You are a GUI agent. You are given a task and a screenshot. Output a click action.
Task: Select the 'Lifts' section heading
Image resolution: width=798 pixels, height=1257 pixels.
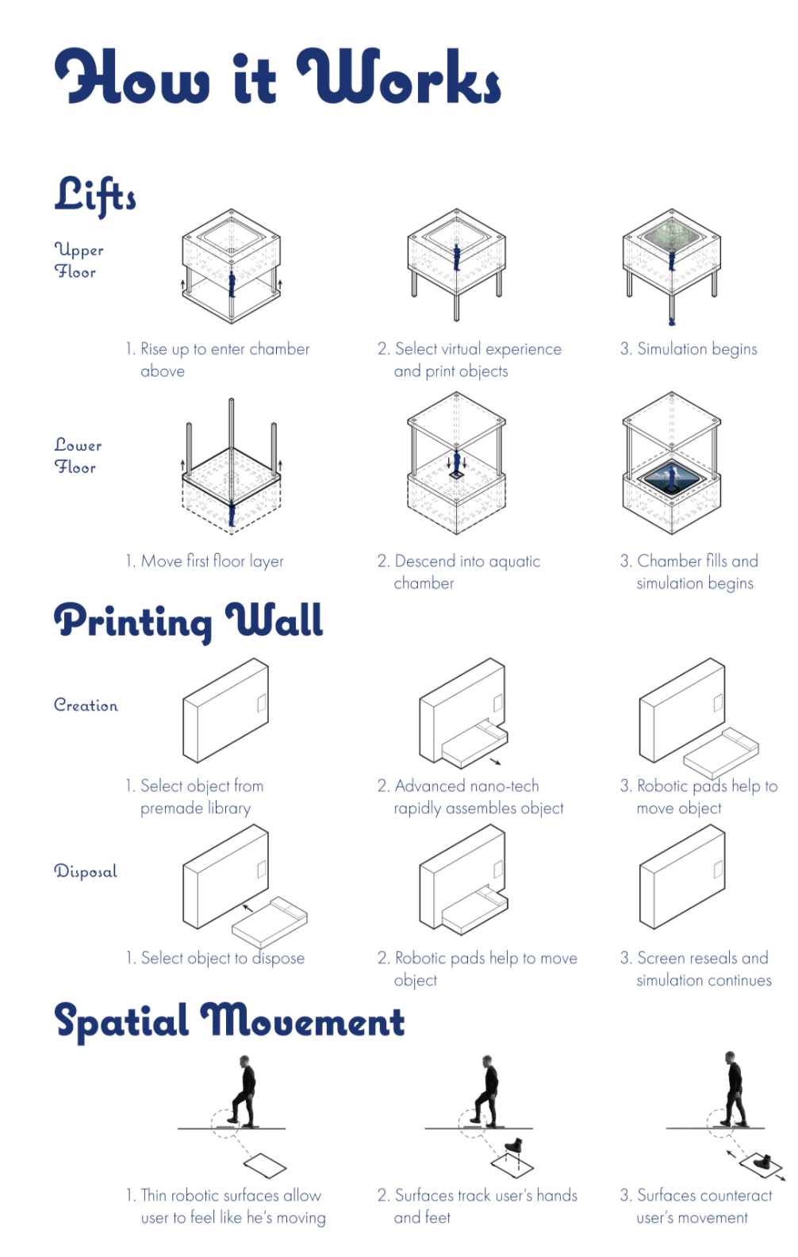tap(94, 195)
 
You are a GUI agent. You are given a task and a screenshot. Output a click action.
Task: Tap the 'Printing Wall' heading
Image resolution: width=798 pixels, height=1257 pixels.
tap(189, 621)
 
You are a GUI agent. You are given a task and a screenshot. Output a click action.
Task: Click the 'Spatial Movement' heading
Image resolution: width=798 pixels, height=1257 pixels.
tap(229, 1021)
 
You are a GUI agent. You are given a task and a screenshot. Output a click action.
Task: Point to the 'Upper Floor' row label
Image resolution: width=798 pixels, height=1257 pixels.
tap(79, 260)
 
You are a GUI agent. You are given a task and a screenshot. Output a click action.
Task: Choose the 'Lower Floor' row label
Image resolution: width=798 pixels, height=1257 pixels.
tap(78, 456)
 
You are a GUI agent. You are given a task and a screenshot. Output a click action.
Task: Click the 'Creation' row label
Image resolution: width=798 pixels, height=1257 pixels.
tap(86, 705)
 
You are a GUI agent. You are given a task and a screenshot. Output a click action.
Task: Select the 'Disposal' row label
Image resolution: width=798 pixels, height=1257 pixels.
tap(86, 871)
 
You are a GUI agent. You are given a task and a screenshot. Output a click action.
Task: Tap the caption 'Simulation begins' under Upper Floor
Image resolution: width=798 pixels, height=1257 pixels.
tap(689, 349)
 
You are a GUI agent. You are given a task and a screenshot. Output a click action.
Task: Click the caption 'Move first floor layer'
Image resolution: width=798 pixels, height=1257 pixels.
tap(205, 561)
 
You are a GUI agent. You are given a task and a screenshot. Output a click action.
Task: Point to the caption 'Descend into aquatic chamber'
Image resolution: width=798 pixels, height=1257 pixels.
tap(458, 572)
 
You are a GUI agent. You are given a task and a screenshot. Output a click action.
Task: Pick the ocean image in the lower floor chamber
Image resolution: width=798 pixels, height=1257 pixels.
tap(671, 479)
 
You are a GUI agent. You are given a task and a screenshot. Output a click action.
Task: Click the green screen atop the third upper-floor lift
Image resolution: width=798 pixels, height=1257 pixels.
tap(672, 232)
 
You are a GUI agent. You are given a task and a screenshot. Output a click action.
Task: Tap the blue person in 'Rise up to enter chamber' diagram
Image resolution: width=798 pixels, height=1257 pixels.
tap(232, 284)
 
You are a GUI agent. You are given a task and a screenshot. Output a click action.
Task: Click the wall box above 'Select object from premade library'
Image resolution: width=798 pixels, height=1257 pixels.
tap(225, 710)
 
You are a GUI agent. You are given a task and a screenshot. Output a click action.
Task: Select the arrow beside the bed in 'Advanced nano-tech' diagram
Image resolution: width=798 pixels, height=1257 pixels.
tap(494, 761)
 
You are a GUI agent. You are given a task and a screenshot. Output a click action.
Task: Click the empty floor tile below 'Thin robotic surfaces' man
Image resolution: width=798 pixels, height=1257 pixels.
tap(265, 1166)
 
